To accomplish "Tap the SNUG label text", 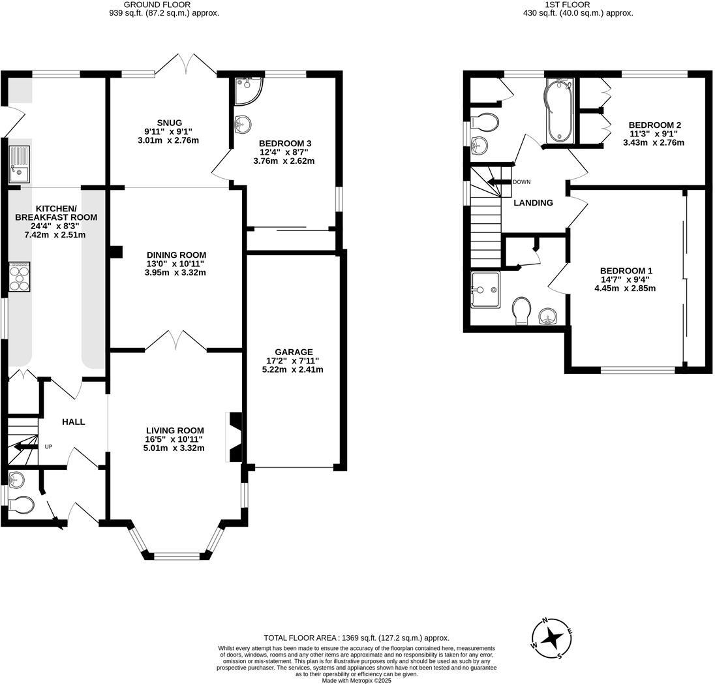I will [x=169, y=122].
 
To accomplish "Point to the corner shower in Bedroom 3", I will [x=247, y=90].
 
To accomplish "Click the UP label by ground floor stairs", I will [x=48, y=447].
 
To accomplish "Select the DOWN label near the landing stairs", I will [x=521, y=182].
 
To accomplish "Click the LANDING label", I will [x=533, y=203].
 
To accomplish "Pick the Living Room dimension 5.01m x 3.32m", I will [x=175, y=448].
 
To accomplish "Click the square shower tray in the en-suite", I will [x=484, y=289].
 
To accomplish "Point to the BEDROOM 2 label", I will [x=654, y=125].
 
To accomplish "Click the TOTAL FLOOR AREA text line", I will [x=356, y=638].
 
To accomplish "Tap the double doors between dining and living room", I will [x=175, y=341].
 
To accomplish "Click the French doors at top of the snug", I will [x=187, y=64].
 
